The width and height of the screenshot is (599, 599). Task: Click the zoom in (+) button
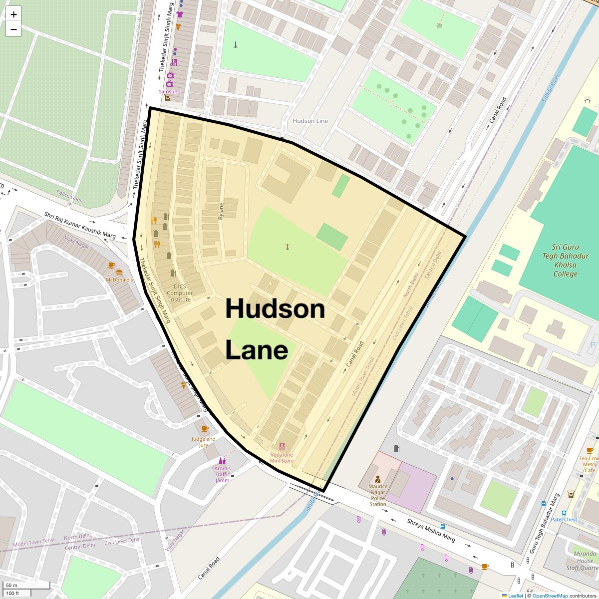coord(13,14)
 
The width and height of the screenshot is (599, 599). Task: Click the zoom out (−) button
coord(13,29)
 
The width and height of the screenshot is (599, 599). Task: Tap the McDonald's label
coord(119,280)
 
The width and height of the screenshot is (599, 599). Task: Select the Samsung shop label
coord(169,92)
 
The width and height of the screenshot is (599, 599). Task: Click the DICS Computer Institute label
coord(180,293)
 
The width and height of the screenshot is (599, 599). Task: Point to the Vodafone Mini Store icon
coord(282,447)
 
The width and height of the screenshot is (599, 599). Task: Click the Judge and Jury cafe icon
coord(204,429)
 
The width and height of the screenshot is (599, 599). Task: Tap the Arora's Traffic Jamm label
coord(222,474)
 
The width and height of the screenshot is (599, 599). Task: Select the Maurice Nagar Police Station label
coord(378,495)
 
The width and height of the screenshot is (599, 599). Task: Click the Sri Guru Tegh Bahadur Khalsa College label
coord(565,261)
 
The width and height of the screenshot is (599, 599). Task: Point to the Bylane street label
coord(221,211)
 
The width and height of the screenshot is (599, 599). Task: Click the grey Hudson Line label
coord(310,121)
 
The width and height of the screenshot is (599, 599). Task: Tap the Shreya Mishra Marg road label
coord(431,530)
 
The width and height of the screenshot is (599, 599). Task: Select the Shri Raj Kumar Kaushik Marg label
coord(80,225)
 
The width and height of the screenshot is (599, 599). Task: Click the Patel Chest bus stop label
coord(564,520)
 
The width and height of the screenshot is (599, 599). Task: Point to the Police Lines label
coord(69,196)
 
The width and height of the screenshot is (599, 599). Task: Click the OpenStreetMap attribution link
coord(550,596)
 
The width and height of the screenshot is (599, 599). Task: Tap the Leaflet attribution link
coord(516,596)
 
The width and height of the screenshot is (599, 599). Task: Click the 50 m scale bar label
coord(12,585)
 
